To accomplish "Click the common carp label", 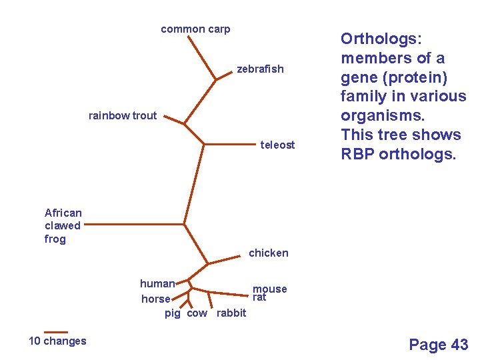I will [x=195, y=29].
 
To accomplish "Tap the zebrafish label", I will [x=260, y=69].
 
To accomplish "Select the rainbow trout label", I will [x=123, y=115].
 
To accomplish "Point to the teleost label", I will [x=277, y=145].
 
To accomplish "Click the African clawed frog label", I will [x=63, y=226].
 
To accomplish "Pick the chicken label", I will [x=269, y=253].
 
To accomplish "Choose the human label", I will [x=157, y=283].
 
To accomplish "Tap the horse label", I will [x=156, y=299].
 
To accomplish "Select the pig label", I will [x=173, y=313].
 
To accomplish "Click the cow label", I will [x=197, y=313].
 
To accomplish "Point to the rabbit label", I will [x=231, y=313].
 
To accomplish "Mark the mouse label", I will [x=270, y=289].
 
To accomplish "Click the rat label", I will [x=259, y=297].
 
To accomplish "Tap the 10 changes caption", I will [x=57, y=341].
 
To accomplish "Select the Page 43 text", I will [x=439, y=345].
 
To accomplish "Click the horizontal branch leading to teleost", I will [x=230, y=143].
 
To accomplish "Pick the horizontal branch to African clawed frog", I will [x=133, y=225].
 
